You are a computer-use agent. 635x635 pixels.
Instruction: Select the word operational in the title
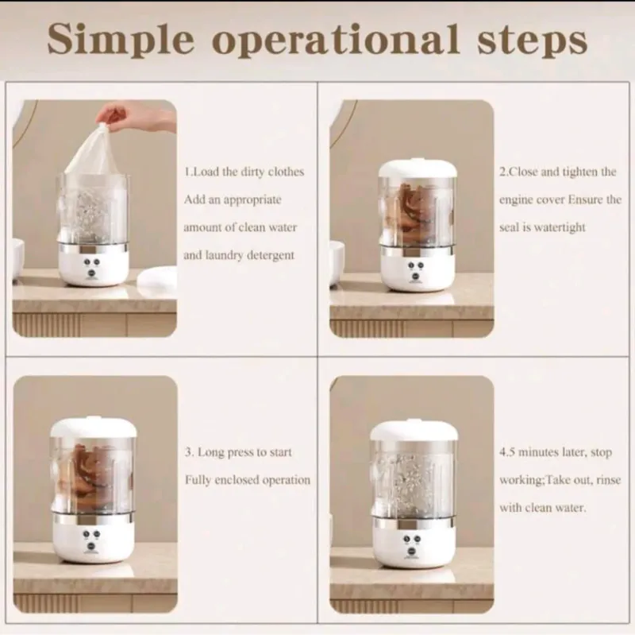pyautogui.click(x=336, y=41)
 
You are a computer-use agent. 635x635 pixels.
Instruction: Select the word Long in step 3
pyautogui.click(x=210, y=452)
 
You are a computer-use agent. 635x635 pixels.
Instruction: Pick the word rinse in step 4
pyautogui.click(x=609, y=480)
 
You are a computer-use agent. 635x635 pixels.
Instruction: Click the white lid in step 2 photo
pyautogui.click(x=418, y=169)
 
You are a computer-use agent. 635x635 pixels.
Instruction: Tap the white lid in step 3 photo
pyautogui.click(x=93, y=428)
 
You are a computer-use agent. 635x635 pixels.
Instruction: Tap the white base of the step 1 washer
pyautogui.click(x=94, y=265)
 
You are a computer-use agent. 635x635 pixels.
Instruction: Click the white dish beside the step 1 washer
pyautogui.click(x=156, y=277)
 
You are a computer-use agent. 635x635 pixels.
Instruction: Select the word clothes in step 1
pyautogui.click(x=286, y=172)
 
